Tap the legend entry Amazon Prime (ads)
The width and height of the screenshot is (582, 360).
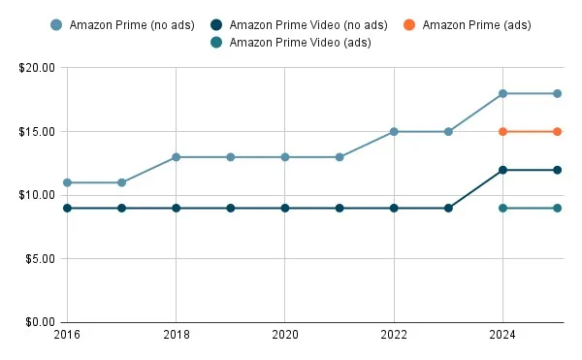pos(475,24)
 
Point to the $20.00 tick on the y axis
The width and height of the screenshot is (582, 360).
pos(36,68)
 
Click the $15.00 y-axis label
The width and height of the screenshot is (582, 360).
pos(36,131)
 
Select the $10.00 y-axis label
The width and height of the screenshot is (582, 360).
pos(36,195)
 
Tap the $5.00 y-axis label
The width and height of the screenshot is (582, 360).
pos(39,258)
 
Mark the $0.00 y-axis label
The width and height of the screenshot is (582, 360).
pos(39,322)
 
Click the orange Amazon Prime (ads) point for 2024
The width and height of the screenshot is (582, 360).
pos(502,131)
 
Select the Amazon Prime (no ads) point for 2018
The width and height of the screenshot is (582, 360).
pos(176,157)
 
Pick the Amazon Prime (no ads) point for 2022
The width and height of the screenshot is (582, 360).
pos(394,131)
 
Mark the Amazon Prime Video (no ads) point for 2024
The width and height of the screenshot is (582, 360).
pos(502,170)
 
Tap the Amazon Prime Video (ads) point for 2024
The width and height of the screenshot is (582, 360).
pos(502,208)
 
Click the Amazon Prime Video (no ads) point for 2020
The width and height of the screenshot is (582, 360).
pos(284,208)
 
